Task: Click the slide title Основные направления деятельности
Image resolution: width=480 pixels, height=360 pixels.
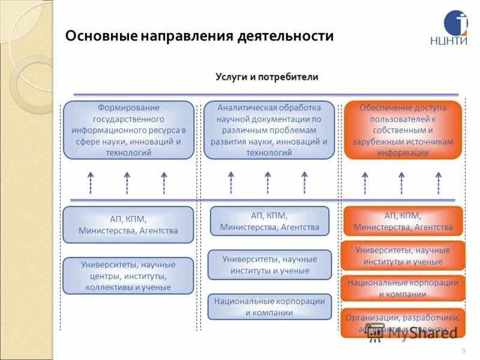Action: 199,36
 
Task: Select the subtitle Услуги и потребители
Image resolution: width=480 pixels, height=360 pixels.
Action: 267,77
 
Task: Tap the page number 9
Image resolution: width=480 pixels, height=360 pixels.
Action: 463,350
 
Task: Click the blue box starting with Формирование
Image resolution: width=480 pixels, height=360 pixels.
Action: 128,130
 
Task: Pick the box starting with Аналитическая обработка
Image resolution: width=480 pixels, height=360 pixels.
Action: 269,130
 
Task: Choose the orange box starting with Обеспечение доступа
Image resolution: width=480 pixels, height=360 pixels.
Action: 403,130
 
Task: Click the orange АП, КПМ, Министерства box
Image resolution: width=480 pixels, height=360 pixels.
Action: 403,221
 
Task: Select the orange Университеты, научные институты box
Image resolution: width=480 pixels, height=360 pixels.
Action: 403,256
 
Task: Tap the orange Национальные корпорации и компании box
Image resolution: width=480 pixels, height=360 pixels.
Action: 403,288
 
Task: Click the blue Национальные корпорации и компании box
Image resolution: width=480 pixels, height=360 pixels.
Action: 269,307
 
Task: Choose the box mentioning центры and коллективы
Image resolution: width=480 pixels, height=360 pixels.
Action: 128,275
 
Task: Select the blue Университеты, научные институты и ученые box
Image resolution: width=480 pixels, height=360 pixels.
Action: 269,265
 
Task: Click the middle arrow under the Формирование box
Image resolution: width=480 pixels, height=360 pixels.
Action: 127,182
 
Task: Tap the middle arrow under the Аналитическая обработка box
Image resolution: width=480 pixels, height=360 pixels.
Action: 268,182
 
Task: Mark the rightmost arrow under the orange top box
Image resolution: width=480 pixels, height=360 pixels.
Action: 439,182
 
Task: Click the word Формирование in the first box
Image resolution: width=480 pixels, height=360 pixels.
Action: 128,107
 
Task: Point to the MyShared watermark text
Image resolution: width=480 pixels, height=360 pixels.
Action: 422,334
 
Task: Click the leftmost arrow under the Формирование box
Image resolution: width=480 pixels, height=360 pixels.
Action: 91,182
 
